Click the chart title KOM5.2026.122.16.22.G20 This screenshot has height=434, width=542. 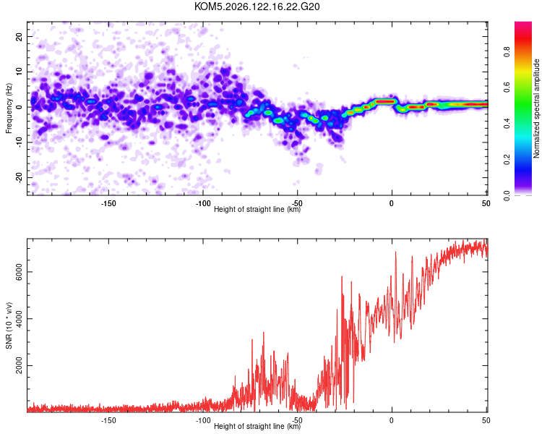[x=257, y=7]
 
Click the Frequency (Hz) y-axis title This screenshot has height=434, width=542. [x=9, y=109]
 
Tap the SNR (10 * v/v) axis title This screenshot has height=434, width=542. [x=9, y=325]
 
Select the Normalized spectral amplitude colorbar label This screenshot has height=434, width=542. [x=536, y=109]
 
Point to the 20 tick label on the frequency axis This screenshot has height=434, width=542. [x=19, y=36]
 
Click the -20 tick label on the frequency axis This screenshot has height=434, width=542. [x=19, y=178]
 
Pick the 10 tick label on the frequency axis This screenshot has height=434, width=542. [x=19, y=72]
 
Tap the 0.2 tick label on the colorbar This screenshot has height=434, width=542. [x=507, y=159]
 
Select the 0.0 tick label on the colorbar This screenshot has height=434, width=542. [x=507, y=195]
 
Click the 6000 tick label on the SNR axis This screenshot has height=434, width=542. [x=19, y=272]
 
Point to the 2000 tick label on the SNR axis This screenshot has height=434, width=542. [x=19, y=365]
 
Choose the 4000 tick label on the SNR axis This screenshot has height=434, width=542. [x=19, y=319]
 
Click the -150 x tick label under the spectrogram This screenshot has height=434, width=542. [x=108, y=203]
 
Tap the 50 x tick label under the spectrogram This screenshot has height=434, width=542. [x=486, y=203]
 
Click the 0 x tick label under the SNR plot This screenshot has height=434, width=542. [x=391, y=420]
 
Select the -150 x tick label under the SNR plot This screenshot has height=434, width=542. [x=108, y=420]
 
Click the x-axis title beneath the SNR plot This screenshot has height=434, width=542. [x=257, y=426]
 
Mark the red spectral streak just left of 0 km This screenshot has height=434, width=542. [x=384, y=101]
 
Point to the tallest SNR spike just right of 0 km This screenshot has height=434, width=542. [x=396, y=252]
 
